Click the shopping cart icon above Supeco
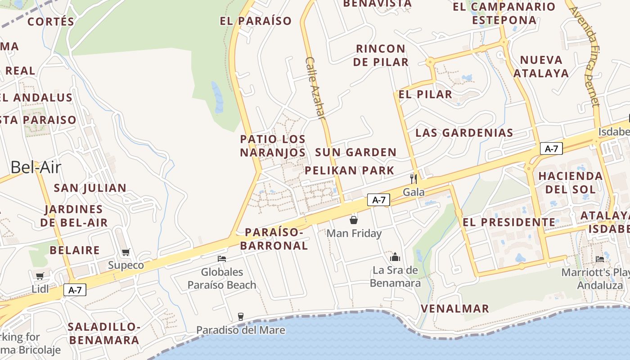coord(126,252)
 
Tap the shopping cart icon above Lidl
coord(40,276)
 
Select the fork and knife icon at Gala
coord(414,179)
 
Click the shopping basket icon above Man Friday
coord(354,220)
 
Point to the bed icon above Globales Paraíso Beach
coord(222,259)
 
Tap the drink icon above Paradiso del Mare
coord(241,317)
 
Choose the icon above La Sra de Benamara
coord(395,257)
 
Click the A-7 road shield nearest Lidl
coord(75,290)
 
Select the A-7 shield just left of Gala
coord(378,200)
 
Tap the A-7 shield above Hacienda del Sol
coord(551,148)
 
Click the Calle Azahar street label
coord(315,88)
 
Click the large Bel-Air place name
coord(36,167)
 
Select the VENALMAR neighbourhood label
coord(455,309)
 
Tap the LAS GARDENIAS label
coord(464,133)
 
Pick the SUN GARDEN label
coord(355,153)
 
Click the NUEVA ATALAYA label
coord(541,67)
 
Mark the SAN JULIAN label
coord(90,188)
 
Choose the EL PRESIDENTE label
coord(509,222)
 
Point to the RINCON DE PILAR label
coord(381,55)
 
